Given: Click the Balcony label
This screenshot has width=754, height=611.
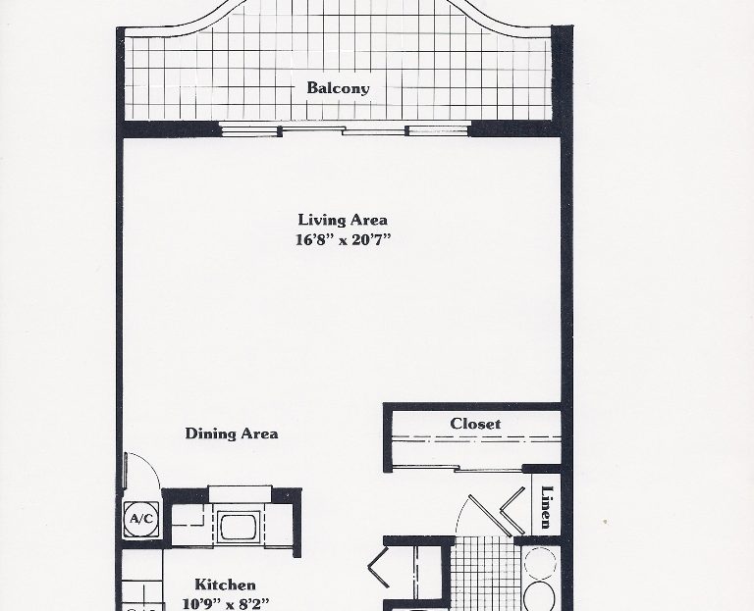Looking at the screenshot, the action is point(338,88).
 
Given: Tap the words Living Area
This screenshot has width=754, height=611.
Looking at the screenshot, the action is point(343,220).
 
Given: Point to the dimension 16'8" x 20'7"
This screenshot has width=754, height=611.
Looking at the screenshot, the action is point(343,239).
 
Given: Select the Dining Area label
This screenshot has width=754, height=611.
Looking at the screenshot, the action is point(232,433).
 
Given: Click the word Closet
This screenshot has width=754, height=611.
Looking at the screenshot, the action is point(475,423).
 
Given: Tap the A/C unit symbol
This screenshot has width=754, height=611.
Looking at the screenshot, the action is point(141,519).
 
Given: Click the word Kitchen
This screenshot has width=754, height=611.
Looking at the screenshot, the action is point(225,585).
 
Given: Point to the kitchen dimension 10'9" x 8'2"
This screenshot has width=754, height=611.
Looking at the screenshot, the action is point(226,603).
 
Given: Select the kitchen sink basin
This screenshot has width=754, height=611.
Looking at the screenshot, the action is point(239,527).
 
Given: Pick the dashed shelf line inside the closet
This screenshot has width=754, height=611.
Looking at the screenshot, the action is point(476,438).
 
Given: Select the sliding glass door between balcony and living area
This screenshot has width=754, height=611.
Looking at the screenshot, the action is point(344,129).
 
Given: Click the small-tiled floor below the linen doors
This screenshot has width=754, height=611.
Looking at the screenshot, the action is point(486,573).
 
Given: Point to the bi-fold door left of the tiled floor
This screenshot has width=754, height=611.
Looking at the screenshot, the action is point(379,567).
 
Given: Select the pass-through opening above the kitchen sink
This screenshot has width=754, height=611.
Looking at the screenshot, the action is point(240,494).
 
